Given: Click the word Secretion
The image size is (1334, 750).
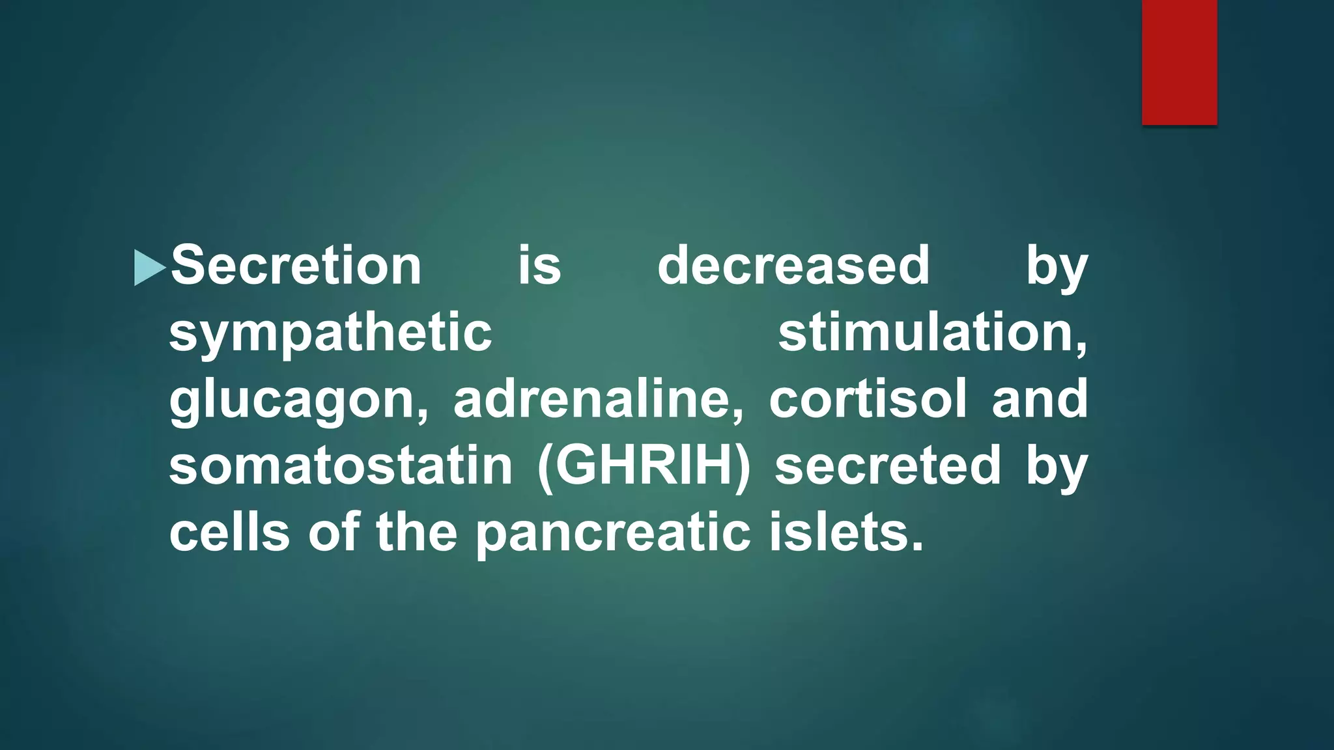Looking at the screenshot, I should point(296,266).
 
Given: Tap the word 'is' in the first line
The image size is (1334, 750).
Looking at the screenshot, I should point(539,266).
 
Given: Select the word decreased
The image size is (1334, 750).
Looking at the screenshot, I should point(793,266).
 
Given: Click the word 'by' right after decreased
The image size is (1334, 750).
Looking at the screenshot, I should point(1057,267).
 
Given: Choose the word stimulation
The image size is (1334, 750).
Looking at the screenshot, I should point(932,333).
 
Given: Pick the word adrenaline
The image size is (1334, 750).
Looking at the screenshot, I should point(598,400).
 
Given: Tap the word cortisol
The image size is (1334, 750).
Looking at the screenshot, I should point(868,400).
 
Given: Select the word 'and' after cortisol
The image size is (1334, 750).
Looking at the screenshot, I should point(1040,400).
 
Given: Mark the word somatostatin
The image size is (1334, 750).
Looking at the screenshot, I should point(341,466).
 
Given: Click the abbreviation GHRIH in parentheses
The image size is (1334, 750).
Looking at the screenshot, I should point(644,466).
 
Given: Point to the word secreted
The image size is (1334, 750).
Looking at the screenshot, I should point(887,466).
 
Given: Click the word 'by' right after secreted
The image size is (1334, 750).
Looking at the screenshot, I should point(1057,467).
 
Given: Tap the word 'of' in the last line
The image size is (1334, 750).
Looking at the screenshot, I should point(333,533).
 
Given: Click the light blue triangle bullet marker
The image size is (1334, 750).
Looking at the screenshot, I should point(149,268).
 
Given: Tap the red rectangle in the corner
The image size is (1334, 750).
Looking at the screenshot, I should point(1179,62).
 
